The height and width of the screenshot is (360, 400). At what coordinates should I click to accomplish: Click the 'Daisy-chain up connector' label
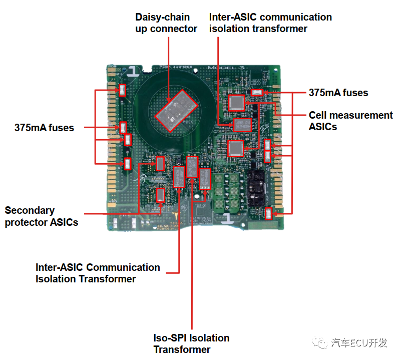pos(166,23)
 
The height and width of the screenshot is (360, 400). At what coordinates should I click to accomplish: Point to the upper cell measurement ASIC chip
pos(236,103)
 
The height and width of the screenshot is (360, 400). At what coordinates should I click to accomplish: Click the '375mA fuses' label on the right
pos(338,93)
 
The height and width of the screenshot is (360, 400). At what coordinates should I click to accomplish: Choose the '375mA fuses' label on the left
pos(44,128)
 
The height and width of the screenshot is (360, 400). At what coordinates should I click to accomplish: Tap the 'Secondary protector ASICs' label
pos(42,216)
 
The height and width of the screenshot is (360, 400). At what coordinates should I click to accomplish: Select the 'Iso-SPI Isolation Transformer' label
pos(191,343)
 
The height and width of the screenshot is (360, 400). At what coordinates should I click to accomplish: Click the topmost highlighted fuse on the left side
pos(123,90)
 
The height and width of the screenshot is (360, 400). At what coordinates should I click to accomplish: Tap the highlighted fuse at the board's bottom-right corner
pos(269,214)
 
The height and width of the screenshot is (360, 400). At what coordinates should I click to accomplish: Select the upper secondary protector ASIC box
pos(160,163)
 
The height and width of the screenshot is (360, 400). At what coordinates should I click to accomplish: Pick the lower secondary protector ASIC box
pos(161,195)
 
